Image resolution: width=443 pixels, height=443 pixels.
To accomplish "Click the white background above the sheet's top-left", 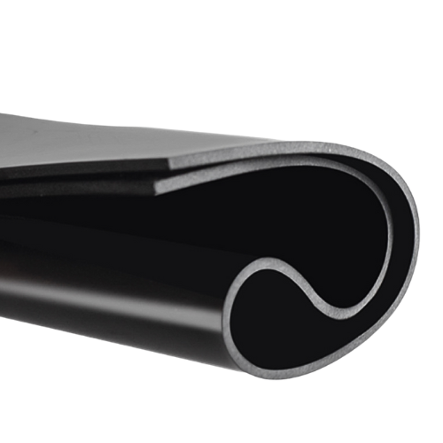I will (53, 53).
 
